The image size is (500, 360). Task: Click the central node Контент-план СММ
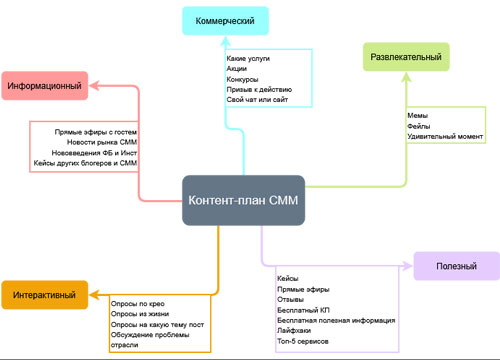[244, 200]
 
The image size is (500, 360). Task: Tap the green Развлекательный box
[405, 58]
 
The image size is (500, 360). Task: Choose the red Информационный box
[45, 87]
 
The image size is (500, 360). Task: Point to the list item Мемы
[419, 116]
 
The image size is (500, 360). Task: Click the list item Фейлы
[421, 127]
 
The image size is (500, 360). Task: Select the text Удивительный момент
[445, 138]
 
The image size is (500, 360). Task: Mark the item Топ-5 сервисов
[303, 342]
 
